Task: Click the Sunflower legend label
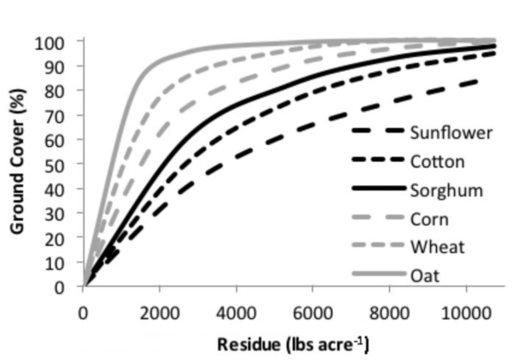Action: [451, 133]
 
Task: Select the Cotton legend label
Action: [437, 161]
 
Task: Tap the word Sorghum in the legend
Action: [447, 190]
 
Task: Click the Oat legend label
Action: [425, 275]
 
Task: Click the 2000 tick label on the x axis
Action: [159, 313]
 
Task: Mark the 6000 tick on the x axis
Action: [313, 313]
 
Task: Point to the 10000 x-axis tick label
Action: [465, 313]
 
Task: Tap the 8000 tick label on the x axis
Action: [389, 313]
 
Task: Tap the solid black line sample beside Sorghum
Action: [379, 189]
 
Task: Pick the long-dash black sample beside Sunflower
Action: [379, 132]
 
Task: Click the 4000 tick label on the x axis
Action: [236, 313]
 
